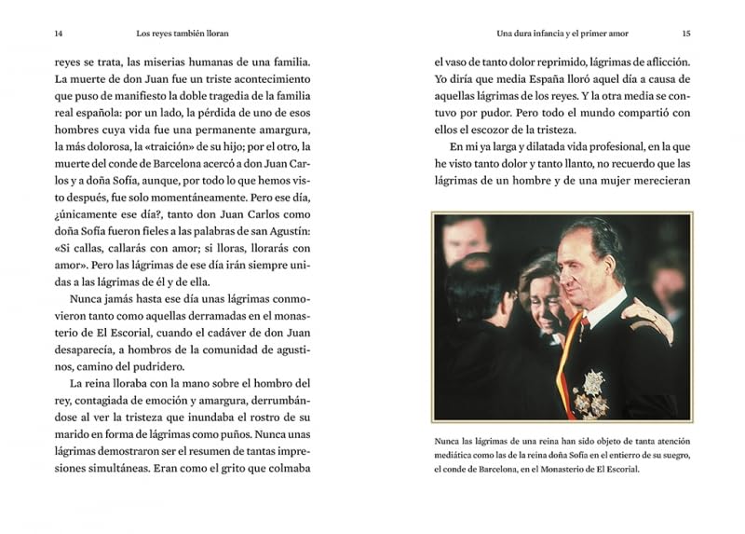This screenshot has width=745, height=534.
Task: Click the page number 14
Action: pos(59,34)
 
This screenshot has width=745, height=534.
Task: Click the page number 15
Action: pos(685,34)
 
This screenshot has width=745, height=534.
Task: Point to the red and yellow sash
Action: pos(563,363)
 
